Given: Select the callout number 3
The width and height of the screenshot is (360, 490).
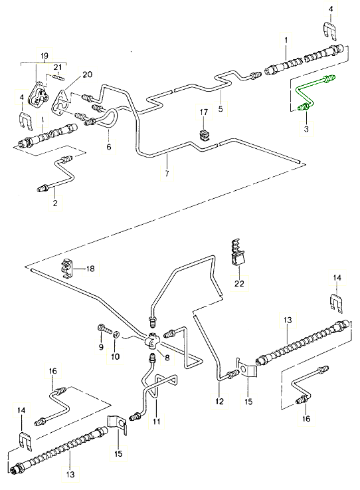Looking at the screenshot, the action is [306, 129].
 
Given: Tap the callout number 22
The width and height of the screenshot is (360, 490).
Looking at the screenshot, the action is [239, 283].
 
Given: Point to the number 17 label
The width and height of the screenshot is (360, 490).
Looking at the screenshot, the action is [203, 112].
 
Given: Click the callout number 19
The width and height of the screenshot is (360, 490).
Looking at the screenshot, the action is [45, 56].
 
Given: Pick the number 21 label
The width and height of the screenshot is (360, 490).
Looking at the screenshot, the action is [58, 67].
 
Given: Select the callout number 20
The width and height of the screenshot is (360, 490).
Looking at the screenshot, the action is [88, 74].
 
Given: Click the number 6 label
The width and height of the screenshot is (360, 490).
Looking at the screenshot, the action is [109, 146].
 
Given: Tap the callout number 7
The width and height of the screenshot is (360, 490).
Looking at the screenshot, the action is [167, 173].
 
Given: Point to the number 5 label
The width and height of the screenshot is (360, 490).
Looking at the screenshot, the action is [221, 109].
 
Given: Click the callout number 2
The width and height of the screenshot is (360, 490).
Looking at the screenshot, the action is [55, 203].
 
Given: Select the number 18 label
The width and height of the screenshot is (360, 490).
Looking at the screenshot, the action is [90, 269].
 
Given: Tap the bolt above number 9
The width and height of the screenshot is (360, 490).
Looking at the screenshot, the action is [104, 328].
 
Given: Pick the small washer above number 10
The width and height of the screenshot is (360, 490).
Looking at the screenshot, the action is [115, 334].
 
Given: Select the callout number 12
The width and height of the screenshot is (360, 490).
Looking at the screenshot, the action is [219, 401].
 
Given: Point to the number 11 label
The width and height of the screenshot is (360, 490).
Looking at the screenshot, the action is [156, 421].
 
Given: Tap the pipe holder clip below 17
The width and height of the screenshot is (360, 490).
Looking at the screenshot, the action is [204, 134].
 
